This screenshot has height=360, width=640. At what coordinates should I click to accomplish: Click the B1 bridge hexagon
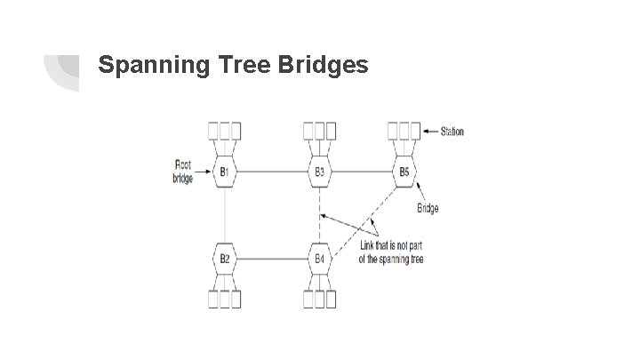point(225,172)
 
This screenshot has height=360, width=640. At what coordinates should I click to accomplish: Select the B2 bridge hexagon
point(225,259)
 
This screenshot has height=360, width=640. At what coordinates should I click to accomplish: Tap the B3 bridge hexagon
point(319,172)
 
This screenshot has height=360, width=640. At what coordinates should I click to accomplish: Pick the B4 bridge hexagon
point(319,259)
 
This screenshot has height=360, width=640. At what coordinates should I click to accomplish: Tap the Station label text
point(452,132)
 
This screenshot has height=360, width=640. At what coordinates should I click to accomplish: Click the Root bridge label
point(182,172)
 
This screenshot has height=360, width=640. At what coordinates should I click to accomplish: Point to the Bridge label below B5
point(428,209)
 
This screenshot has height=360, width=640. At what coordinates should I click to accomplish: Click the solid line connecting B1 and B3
point(272,172)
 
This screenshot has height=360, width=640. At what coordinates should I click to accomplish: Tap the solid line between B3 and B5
point(361,172)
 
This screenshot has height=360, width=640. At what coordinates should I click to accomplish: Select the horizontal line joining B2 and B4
point(272,259)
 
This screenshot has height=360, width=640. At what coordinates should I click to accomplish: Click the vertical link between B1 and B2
point(225,215)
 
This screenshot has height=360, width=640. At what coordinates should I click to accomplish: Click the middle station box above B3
point(319,130)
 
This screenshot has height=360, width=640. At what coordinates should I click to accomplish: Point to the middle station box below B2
point(225,300)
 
